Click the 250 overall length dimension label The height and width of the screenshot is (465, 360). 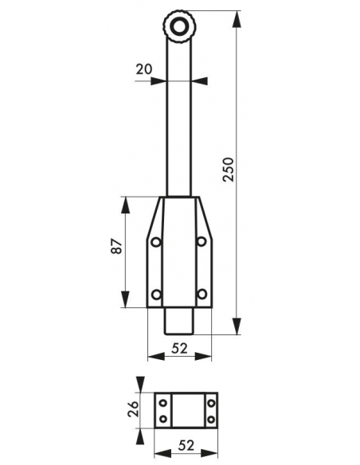(x=229, y=170)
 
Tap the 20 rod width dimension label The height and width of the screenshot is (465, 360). (x=144, y=69)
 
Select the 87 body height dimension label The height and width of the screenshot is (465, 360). (x=116, y=246)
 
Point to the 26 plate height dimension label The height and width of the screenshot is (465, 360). (x=133, y=409)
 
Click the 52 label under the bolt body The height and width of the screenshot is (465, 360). (x=180, y=349)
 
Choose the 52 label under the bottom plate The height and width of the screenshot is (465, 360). (x=186, y=445)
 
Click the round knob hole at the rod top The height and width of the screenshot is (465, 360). (x=179, y=27)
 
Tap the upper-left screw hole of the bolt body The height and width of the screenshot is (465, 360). (x=155, y=242)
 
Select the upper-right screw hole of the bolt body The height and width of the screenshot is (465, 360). (x=202, y=242)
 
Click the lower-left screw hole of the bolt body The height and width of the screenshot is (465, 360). (x=156, y=295)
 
